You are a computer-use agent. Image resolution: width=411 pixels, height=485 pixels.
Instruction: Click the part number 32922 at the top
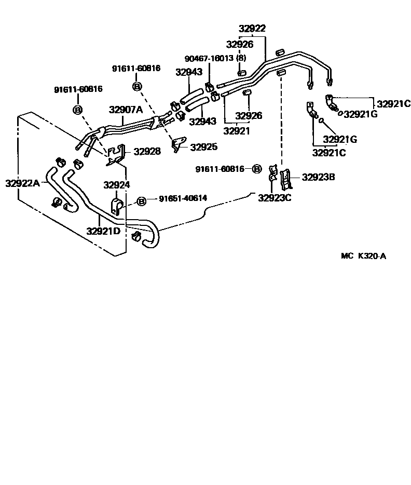252,29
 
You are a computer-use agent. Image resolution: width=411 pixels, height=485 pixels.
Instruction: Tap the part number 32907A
125,110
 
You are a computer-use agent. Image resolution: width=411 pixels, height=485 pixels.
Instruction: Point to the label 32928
147,152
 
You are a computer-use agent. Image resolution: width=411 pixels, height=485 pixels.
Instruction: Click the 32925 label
204,147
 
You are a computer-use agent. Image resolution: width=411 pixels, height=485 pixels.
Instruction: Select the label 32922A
22,183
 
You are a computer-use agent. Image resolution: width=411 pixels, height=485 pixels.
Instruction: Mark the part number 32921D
103,231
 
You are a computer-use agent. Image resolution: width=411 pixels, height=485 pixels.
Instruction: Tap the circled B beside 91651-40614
141,201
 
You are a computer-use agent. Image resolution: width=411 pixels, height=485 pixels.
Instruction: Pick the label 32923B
318,177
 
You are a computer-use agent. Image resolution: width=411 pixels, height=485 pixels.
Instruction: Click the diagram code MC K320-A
363,255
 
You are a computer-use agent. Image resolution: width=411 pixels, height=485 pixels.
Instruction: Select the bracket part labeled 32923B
285,179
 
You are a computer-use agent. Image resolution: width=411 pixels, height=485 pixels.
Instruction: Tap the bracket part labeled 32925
179,144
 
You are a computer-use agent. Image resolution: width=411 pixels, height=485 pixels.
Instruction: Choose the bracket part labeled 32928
117,156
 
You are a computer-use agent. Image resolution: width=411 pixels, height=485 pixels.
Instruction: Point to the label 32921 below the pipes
236,131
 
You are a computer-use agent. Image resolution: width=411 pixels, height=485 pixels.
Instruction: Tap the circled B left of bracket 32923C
256,169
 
